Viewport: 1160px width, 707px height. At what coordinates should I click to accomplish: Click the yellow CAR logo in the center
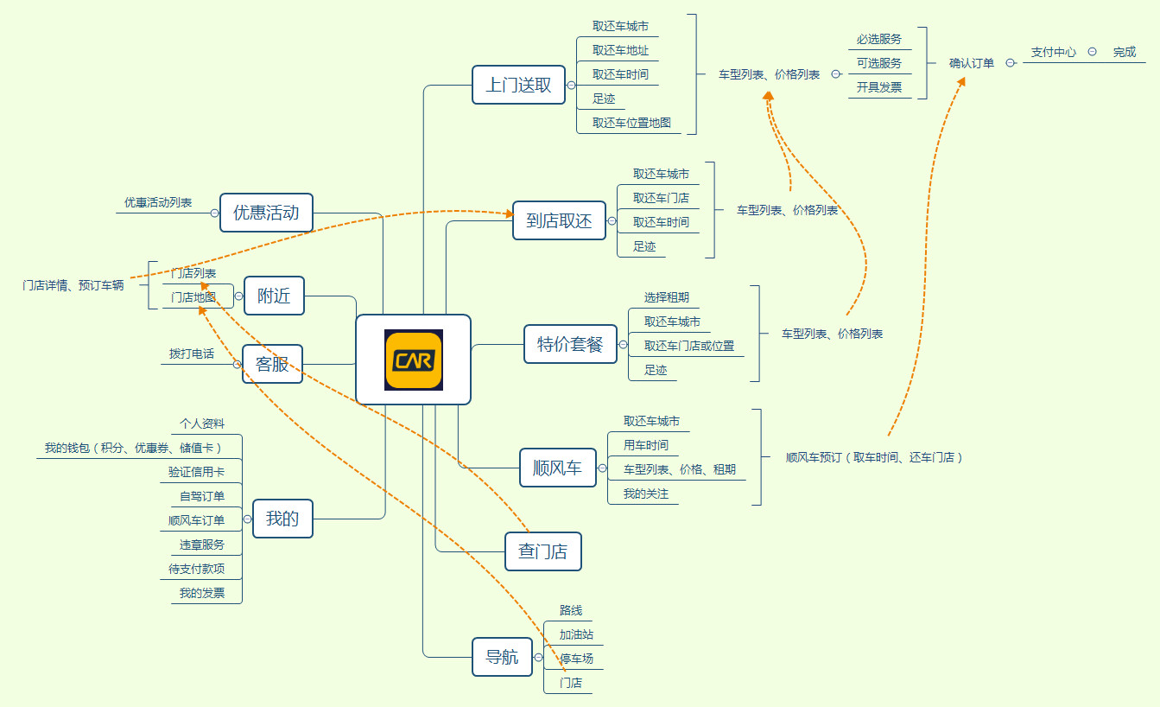pos(414,360)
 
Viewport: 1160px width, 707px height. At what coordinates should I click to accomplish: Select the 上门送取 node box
pos(518,85)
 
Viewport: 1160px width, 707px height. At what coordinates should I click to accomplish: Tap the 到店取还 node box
pos(559,220)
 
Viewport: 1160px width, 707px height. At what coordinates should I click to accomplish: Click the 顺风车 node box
pos(557,468)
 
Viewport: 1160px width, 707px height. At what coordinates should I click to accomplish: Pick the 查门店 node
pos(542,551)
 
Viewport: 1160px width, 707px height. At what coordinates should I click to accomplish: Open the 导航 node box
pos(502,657)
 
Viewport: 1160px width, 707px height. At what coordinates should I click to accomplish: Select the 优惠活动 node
pos(266,213)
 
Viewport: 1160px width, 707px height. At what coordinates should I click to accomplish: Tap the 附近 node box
pos(274,296)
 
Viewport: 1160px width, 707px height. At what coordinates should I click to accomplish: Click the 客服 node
pos(272,364)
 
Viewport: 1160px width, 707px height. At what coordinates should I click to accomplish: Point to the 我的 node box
pos(282,519)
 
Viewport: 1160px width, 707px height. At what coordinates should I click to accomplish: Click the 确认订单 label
pos(972,63)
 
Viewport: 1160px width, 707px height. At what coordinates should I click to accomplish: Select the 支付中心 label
pos(1054,52)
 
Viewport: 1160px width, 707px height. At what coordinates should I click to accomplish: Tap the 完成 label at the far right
pos(1125,52)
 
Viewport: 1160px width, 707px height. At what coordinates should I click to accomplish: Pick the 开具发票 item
pos(879,87)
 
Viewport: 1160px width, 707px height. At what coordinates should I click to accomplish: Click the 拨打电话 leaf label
pos(192,353)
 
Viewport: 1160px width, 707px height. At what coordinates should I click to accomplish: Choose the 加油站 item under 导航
pos(576,634)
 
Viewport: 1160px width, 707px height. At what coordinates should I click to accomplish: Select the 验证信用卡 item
pos(197,472)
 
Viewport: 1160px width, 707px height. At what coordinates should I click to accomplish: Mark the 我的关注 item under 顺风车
pos(646,494)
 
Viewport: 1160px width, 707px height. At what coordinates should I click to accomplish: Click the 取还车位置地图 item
pos(631,123)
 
